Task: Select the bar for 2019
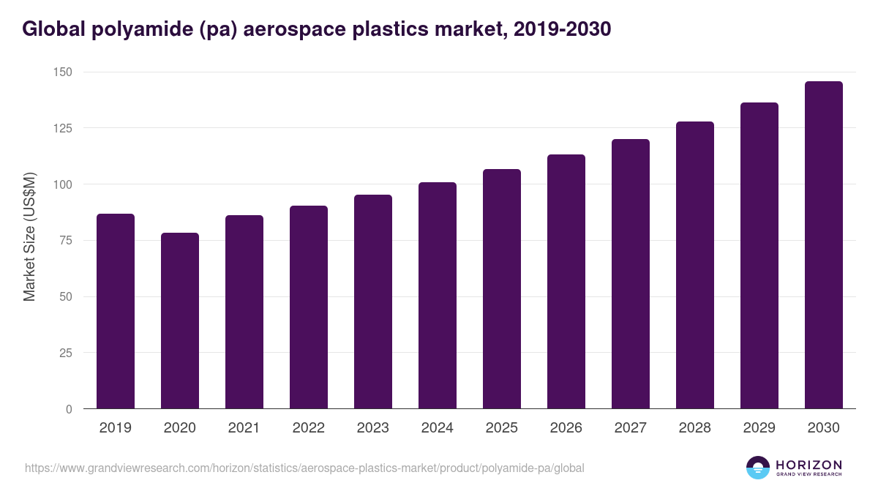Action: point(116,311)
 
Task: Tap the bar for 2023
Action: point(373,302)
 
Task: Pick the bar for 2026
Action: point(566,282)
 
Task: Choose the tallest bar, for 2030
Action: point(824,245)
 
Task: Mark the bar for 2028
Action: point(695,265)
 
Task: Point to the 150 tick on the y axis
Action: point(62,72)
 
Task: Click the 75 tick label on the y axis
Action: point(66,240)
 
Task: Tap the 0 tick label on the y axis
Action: point(69,409)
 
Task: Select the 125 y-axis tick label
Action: point(62,128)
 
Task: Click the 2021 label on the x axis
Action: point(244,428)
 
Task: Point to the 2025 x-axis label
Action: point(502,428)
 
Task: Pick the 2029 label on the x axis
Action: point(759,428)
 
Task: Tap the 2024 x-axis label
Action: point(438,428)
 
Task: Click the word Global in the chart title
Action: point(56,29)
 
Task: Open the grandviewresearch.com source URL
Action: point(304,468)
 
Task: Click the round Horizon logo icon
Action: point(758,468)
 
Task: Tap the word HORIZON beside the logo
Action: point(808,465)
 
